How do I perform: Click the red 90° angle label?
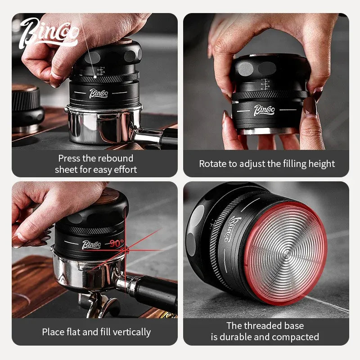[x=117, y=243]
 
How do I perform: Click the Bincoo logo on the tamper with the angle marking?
[x=91, y=245]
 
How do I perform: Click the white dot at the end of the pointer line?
[x=95, y=76]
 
